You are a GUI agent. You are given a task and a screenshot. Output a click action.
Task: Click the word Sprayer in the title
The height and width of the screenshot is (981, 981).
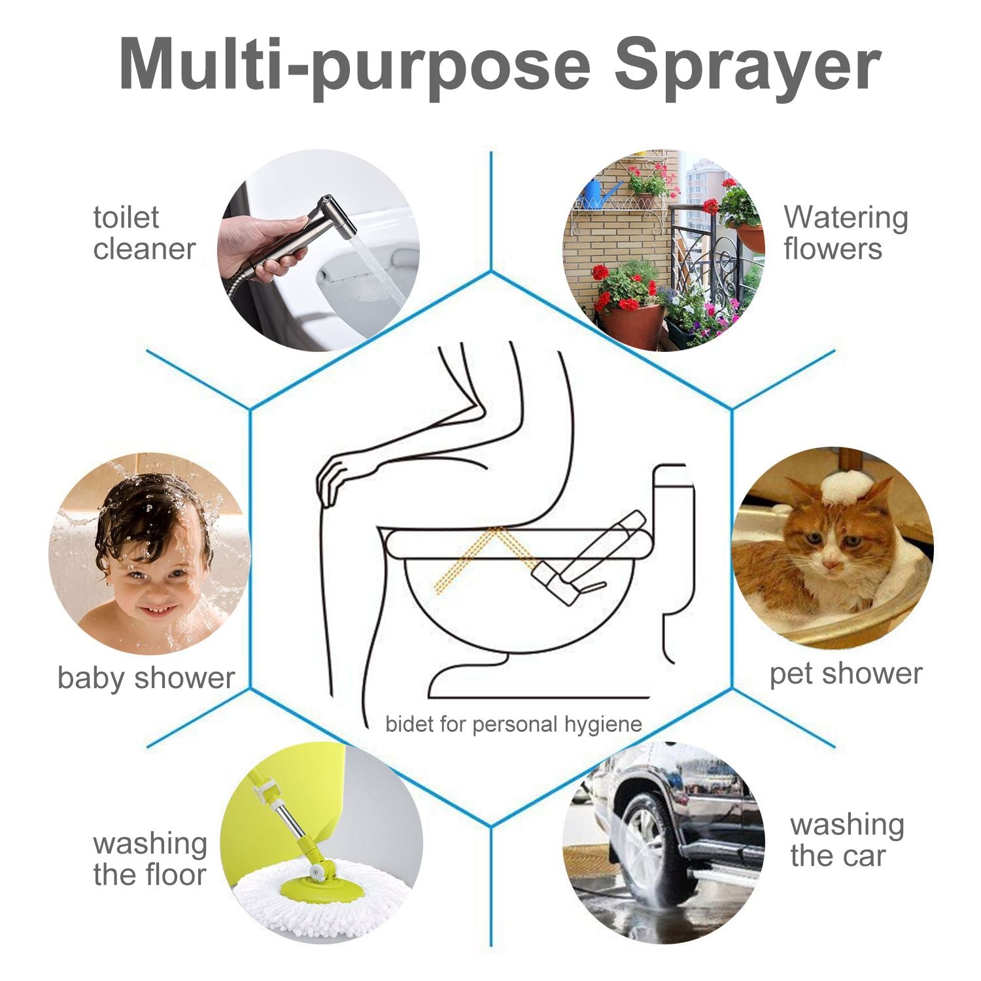(x=747, y=64)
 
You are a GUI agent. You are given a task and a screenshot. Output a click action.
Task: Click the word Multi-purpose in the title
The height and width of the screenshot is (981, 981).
(x=354, y=64)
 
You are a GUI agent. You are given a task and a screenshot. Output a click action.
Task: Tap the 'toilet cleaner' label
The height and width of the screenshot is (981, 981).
(x=144, y=233)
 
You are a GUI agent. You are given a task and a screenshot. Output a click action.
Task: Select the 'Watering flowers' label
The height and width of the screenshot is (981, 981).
(x=846, y=233)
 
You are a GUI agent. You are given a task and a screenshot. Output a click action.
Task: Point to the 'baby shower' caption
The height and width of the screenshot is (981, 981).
(x=145, y=678)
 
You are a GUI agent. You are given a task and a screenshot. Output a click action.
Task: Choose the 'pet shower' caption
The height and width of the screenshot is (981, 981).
(x=846, y=674)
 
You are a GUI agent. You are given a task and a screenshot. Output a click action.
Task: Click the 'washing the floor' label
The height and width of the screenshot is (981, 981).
(x=149, y=859)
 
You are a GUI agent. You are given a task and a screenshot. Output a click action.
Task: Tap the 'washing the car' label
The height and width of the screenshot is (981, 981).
(x=847, y=840)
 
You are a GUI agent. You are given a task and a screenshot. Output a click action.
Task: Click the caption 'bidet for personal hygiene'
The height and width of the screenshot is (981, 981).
(x=513, y=724)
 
